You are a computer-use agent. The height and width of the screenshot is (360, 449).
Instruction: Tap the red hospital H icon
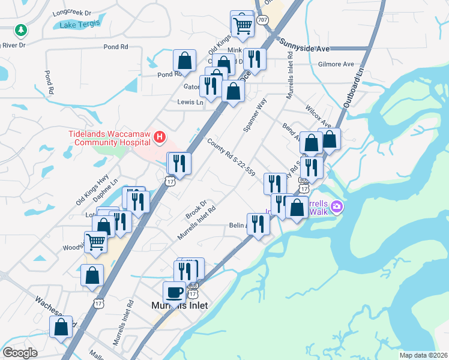[x=160, y=138]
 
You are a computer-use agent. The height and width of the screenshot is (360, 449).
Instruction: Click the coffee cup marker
[x=174, y=292]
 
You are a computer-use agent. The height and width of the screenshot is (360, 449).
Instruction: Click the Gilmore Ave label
[x=336, y=64]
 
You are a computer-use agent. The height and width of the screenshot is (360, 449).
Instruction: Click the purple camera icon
[x=337, y=207]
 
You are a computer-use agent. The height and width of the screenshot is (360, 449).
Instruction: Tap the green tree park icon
[x=22, y=29]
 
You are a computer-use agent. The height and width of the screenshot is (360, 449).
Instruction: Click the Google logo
[x=20, y=353]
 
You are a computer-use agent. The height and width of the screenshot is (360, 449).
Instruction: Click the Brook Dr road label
[x=196, y=209]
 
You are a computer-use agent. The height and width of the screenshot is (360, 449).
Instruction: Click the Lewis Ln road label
[x=190, y=102]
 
